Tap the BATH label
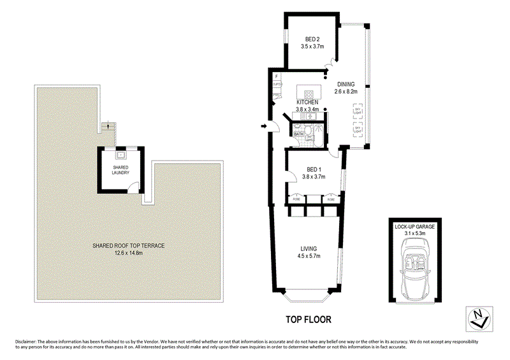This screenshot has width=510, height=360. tap(298, 135)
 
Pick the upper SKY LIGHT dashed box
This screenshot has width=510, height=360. tap(357, 112)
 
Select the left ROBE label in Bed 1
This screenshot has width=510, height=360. tap(296, 199)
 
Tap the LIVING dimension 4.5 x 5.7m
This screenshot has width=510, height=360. tap(309, 256)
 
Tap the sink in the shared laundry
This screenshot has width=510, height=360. tap(120, 154)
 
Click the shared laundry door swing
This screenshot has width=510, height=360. tap(133, 187)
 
